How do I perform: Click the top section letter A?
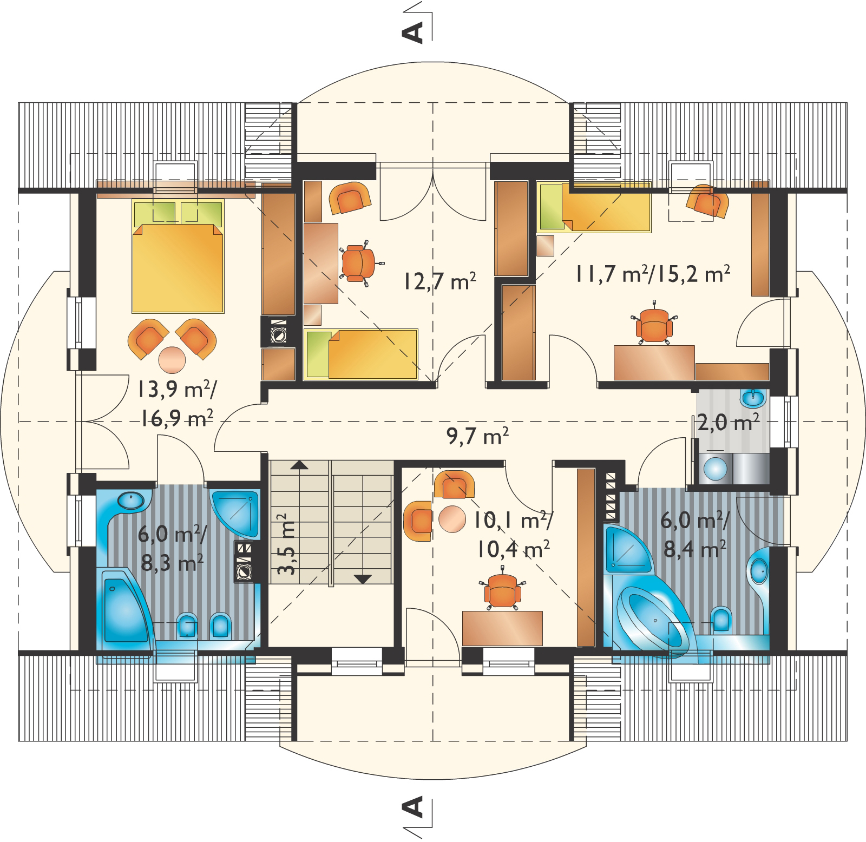click(412, 31)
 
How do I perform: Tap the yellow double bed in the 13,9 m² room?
click(178, 256)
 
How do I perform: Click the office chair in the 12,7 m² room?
click(358, 262)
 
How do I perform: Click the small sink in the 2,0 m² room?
click(753, 399)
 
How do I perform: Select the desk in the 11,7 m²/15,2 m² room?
click(654, 362)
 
